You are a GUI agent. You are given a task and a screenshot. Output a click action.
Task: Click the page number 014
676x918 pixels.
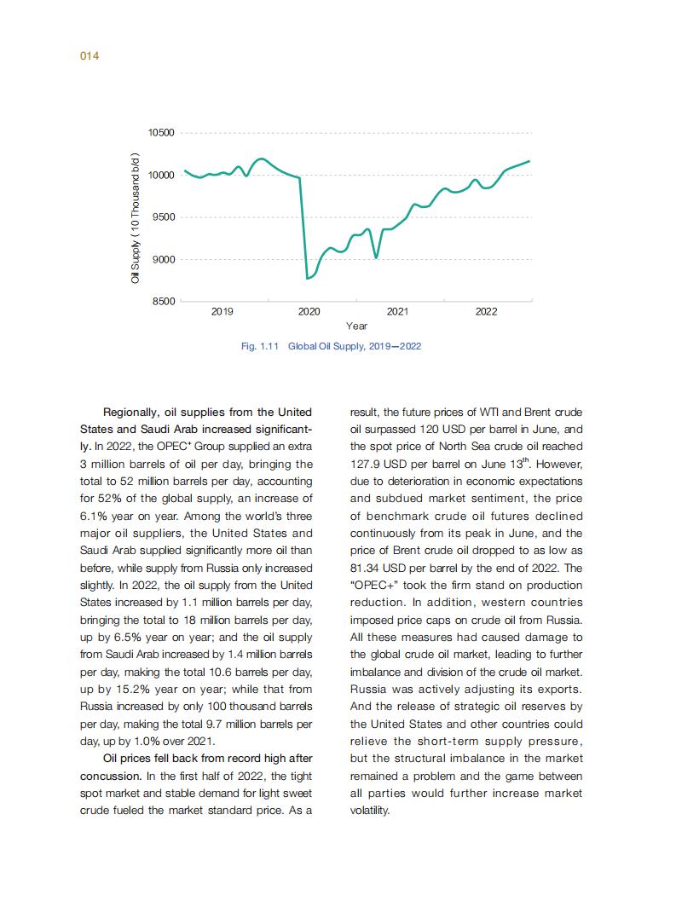(90, 56)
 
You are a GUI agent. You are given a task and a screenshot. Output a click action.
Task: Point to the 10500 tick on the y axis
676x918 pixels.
(161, 133)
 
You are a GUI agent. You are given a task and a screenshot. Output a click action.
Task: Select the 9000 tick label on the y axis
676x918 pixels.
(164, 259)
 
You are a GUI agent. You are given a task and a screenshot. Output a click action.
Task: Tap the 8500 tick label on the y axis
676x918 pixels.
(164, 301)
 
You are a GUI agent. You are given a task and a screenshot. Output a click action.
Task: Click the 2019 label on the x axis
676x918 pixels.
(222, 313)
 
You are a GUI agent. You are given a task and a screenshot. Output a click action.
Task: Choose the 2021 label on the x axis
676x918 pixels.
(397, 313)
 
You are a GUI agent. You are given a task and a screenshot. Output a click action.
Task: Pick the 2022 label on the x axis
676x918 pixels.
(486, 313)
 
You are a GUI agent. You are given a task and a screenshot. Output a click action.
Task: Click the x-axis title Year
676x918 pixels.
(356, 326)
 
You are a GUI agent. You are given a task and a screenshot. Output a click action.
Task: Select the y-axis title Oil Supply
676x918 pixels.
(135, 217)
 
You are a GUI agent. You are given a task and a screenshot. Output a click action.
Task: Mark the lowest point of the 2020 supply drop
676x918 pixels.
(307, 278)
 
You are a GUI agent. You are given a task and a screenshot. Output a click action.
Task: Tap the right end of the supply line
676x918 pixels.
(529, 161)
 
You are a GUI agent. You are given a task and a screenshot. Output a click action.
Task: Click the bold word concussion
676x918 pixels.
(109, 776)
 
